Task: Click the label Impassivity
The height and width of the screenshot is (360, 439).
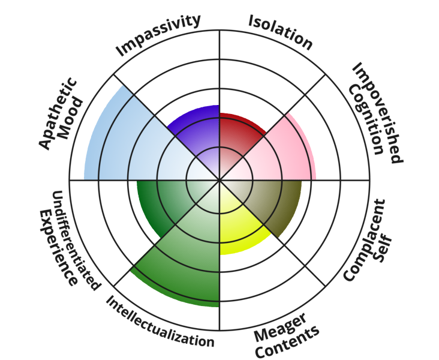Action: click(158, 35)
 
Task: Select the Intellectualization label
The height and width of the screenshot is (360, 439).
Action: click(160, 321)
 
